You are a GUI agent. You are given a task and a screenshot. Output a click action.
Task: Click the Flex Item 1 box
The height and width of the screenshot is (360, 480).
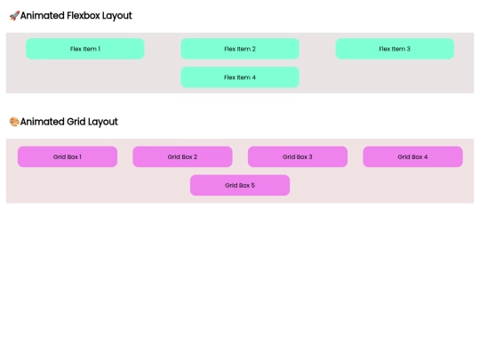[84, 49]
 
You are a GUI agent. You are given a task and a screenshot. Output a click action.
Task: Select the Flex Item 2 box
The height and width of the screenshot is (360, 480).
[240, 49]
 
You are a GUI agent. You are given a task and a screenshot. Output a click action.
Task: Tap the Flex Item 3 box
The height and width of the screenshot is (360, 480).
[395, 49]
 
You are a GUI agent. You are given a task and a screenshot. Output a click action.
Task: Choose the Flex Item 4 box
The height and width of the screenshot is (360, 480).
[240, 77]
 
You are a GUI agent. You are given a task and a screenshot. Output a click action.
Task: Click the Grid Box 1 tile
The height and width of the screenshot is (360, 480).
[68, 156]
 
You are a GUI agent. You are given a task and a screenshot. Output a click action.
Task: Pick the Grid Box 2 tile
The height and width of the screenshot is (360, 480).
[182, 156]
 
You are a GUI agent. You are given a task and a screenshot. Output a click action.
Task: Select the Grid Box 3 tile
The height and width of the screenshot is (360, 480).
[298, 156]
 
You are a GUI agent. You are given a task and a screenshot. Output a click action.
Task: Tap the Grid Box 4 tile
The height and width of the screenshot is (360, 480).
[412, 156]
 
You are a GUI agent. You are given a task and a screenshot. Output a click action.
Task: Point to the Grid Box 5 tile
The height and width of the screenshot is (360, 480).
[240, 185]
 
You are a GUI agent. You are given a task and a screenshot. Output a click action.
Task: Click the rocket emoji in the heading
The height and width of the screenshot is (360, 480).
[14, 16]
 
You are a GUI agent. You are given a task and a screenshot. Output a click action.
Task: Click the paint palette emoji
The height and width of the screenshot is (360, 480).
[14, 122]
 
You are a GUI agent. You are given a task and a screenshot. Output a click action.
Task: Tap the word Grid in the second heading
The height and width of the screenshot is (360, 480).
[76, 122]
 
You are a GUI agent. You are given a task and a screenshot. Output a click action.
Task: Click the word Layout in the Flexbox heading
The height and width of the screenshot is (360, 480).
[117, 16]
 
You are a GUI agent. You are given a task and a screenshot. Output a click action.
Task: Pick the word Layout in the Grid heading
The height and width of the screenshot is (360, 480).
[103, 122]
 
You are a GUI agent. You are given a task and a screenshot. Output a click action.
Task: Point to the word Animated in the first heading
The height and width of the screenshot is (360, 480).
[43, 15]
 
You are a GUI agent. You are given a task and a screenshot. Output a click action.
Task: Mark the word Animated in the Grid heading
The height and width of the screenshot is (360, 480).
[43, 122]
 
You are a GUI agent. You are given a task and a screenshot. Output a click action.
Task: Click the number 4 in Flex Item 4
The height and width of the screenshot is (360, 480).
[253, 77]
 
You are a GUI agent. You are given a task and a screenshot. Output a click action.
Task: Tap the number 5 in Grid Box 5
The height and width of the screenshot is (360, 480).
[252, 185]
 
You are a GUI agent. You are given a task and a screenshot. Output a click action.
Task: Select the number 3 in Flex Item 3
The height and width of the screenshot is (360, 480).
[408, 49]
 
